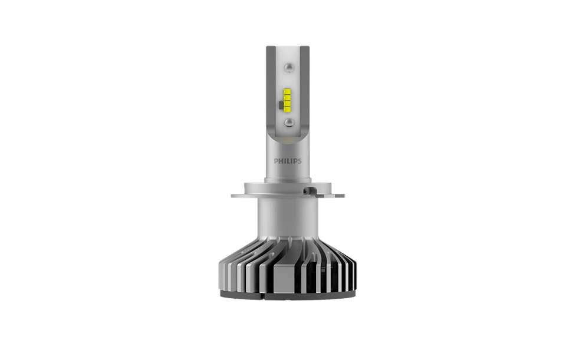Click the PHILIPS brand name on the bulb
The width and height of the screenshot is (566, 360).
287,160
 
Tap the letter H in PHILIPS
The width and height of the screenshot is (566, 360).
279,160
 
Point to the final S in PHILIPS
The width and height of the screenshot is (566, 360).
299,160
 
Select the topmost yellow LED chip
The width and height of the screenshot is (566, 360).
287,91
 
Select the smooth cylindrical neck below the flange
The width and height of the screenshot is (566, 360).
287,218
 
